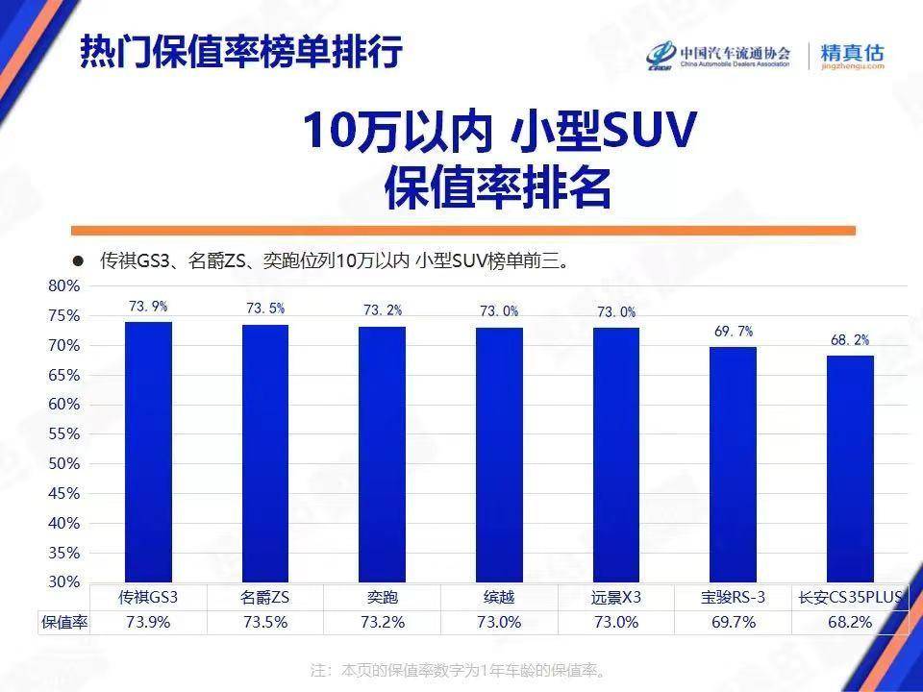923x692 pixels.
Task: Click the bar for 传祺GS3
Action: point(148,451)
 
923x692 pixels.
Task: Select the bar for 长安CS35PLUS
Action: point(850,468)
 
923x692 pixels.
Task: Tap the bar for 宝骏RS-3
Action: point(733,463)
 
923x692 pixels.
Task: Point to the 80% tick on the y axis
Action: point(63,285)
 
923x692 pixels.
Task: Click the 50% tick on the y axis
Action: point(63,463)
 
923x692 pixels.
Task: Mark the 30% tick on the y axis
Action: point(63,581)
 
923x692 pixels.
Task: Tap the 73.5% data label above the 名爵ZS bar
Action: point(265,308)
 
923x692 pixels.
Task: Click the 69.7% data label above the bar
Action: point(734,331)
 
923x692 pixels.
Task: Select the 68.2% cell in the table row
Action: point(850,622)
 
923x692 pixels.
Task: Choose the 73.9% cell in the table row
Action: point(148,622)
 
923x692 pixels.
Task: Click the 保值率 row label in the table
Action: point(63,622)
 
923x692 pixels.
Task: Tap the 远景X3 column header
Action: point(616,596)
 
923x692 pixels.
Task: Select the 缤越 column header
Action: point(499,596)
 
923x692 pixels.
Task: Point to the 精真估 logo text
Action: point(851,53)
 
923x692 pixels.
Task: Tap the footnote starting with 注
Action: point(461,669)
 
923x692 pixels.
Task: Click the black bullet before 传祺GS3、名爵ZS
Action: point(79,260)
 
